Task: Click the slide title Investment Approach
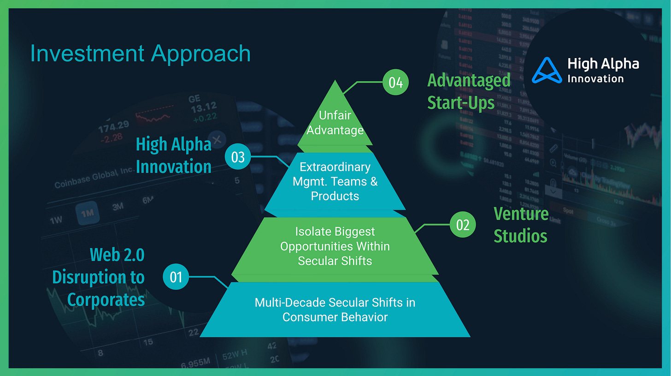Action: [x=140, y=54]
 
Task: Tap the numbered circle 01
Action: [x=176, y=277]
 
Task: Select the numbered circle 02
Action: [x=462, y=225]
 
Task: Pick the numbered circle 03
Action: [x=238, y=157]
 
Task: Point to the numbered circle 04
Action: [x=396, y=83]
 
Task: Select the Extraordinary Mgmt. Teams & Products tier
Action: [x=335, y=181]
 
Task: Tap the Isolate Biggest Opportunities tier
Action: [x=335, y=246]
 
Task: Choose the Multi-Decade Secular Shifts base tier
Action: [x=335, y=310]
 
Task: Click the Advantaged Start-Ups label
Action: [x=469, y=91]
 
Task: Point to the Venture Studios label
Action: [x=521, y=225]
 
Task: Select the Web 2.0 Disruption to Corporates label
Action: [x=99, y=277]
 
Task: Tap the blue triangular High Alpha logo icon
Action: [x=547, y=70]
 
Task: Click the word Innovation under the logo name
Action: [x=595, y=78]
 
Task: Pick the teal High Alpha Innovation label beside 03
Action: [x=173, y=155]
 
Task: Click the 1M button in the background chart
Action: [x=87, y=213]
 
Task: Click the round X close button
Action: [x=218, y=138]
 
